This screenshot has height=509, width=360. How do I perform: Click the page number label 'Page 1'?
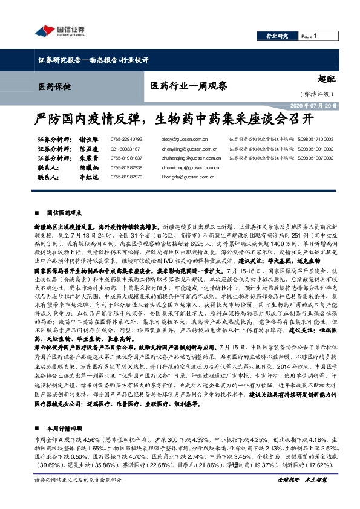coord(309,36)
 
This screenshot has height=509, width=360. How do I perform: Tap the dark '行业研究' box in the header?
coord(277,36)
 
